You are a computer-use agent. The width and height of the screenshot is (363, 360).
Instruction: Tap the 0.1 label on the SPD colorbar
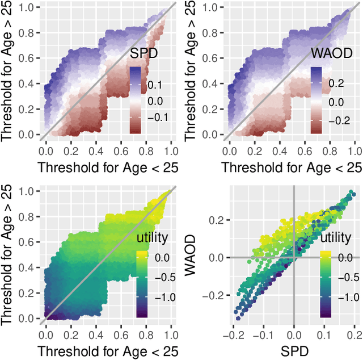(x=155, y=85)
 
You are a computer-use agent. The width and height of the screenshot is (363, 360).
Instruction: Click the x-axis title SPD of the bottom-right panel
(x=294, y=349)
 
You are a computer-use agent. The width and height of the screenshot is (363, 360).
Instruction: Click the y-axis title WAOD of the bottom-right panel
(x=194, y=257)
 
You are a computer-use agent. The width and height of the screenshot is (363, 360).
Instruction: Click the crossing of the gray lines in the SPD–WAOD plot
(x=294, y=257)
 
